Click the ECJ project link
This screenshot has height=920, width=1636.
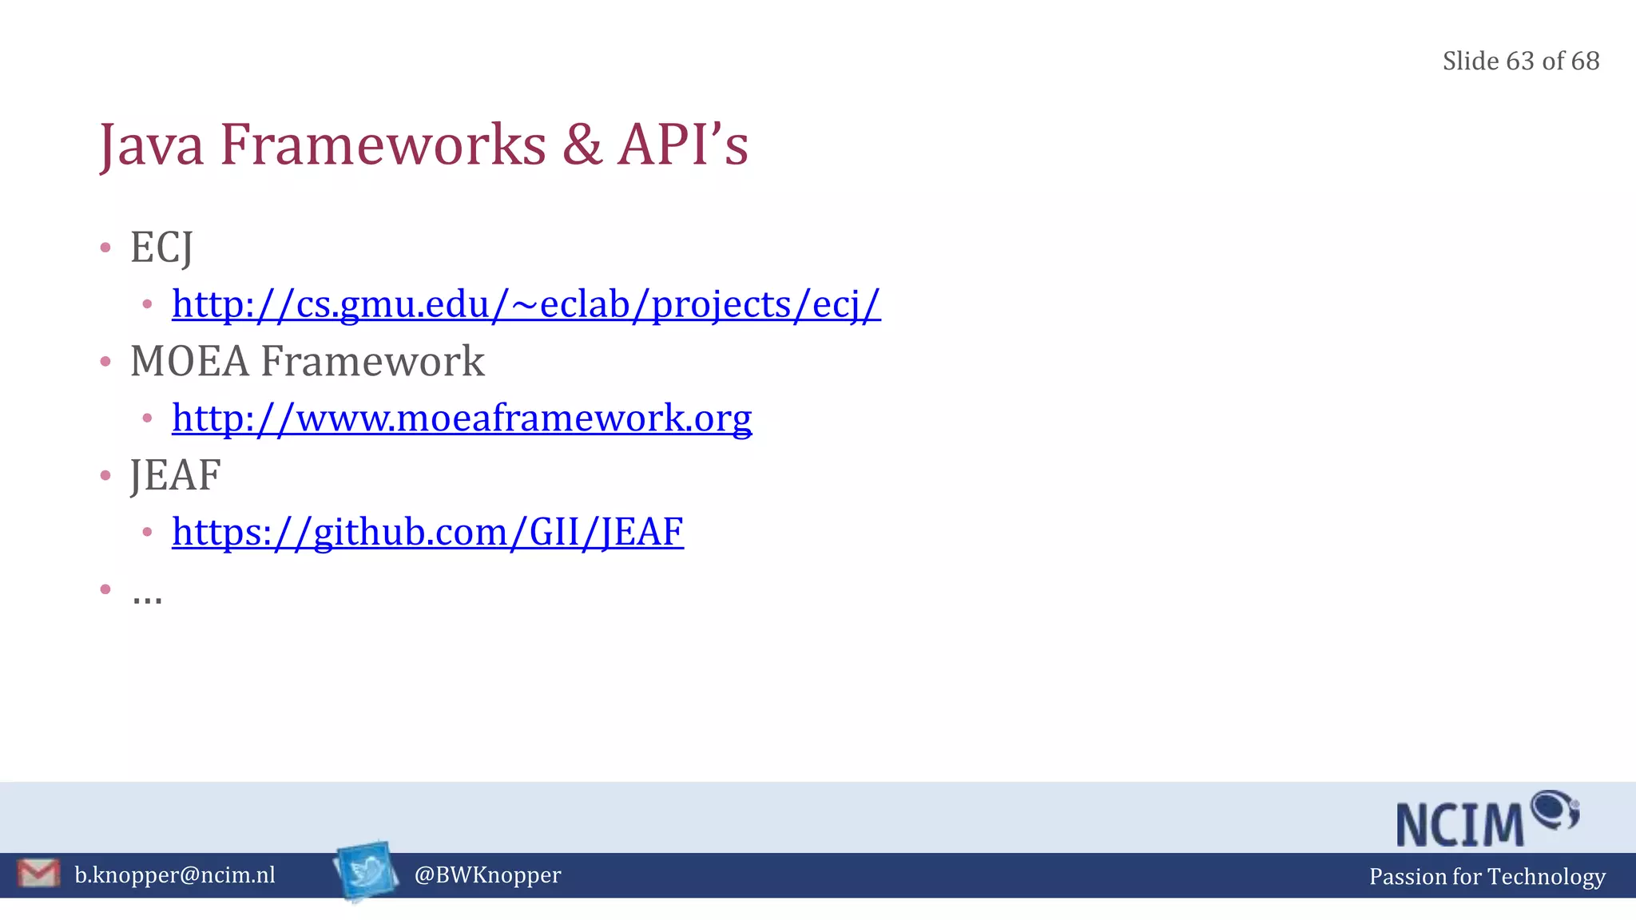click(526, 304)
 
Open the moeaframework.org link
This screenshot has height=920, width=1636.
click(462, 418)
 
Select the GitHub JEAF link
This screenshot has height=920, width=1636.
click(427, 532)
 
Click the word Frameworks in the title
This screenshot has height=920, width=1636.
click(383, 145)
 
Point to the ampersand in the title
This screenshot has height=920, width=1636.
click(582, 145)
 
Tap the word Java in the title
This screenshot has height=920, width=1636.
click(152, 146)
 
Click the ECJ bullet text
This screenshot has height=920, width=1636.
click(161, 248)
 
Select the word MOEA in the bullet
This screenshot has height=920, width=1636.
click(189, 361)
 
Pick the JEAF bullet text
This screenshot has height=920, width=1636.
click(176, 475)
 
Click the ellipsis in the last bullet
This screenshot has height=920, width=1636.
click(147, 595)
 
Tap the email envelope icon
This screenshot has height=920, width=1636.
click(38, 873)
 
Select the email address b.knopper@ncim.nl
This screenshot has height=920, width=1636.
click(175, 875)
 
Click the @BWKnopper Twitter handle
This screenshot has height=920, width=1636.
click(487, 875)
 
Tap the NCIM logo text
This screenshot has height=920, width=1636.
click(1460, 824)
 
